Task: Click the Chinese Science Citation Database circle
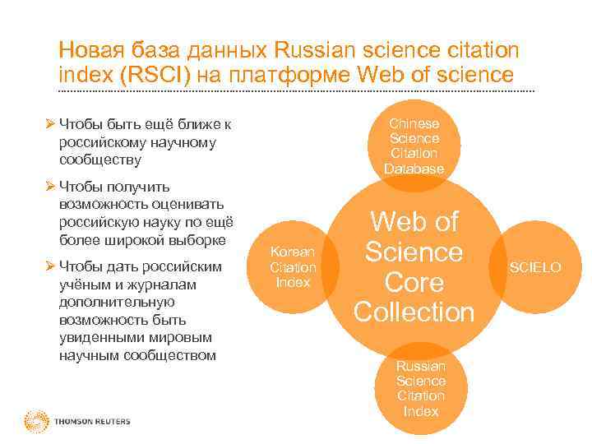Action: pyautogui.click(x=414, y=146)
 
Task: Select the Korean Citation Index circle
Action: pyautogui.click(x=293, y=267)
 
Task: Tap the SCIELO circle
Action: pyautogui.click(x=535, y=268)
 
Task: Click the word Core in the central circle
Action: pyautogui.click(x=414, y=282)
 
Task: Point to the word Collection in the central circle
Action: pyautogui.click(x=414, y=312)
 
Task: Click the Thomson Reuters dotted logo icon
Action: pyautogui.click(x=36, y=420)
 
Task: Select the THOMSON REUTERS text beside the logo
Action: pyautogui.click(x=92, y=422)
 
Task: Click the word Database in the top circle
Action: pyautogui.click(x=414, y=169)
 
